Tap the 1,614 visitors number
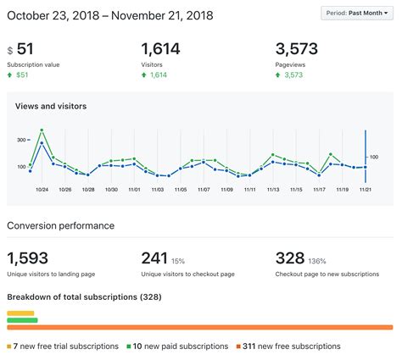(161, 49)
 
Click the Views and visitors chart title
(51, 107)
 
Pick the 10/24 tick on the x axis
(42, 190)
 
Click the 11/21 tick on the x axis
(364, 190)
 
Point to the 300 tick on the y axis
(21, 139)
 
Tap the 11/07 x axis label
(204, 190)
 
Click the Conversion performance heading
(60, 225)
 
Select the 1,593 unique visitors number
(28, 258)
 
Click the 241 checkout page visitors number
(155, 258)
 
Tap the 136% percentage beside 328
(316, 261)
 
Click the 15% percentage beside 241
(179, 261)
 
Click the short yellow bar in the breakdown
(21, 313)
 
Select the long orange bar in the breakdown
(200, 327)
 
